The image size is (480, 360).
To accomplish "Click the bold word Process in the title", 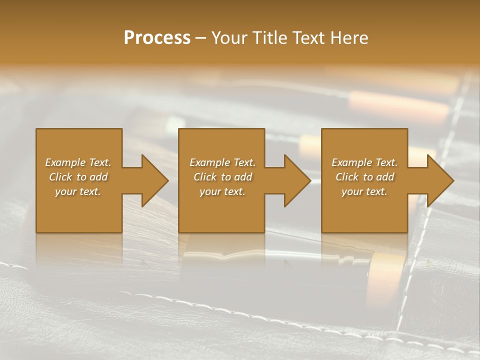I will [x=157, y=38].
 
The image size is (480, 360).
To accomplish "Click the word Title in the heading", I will [x=268, y=38].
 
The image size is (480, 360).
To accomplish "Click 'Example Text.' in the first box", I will [x=78, y=162].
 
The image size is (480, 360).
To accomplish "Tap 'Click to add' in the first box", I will [x=78, y=177].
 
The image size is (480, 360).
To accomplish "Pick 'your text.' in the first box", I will [x=78, y=191].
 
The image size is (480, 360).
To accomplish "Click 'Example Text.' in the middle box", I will [x=222, y=162].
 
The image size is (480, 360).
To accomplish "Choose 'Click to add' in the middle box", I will [x=222, y=177].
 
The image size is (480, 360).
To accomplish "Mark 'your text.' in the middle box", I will [x=222, y=191].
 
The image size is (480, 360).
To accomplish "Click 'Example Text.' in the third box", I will [x=364, y=162].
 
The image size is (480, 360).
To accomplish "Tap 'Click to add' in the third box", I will [x=364, y=177].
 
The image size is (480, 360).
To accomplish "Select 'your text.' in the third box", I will [x=364, y=191].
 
